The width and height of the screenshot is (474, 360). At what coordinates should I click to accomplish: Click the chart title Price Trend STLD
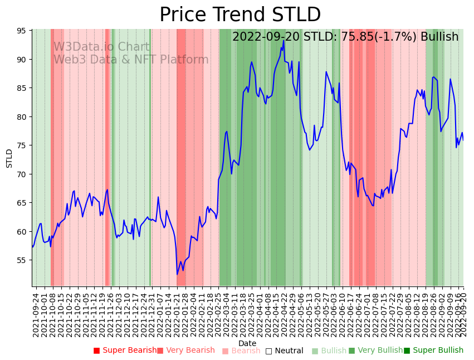240,15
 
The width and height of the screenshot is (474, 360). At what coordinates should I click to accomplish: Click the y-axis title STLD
9,158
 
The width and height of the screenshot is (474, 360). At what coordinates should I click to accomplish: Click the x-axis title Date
247,343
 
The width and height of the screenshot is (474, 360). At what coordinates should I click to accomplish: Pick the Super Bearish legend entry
125,351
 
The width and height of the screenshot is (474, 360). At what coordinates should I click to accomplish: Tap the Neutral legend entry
284,351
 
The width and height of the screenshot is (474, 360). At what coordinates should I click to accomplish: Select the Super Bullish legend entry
433,351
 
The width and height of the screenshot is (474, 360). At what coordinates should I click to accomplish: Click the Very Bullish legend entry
375,351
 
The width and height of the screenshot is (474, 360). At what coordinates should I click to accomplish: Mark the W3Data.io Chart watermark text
101,47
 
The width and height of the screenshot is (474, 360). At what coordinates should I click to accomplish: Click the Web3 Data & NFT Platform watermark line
131,60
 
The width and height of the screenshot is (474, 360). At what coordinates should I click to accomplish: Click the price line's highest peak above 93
284,40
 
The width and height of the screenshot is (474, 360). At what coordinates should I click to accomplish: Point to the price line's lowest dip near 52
177,274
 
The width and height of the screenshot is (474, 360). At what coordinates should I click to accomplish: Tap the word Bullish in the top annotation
439,37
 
